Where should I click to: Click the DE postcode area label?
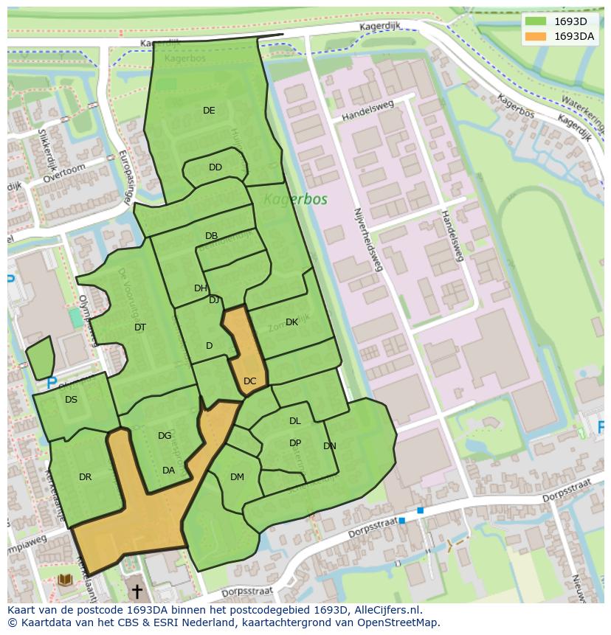click(x=209, y=111)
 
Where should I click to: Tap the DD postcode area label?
click(x=215, y=167)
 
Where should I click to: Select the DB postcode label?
click(x=212, y=236)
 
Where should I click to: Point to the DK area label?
click(x=292, y=322)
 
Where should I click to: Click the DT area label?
click(x=140, y=327)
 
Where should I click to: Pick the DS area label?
click(x=71, y=400)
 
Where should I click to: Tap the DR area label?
click(x=86, y=477)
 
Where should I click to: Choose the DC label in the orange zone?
click(x=250, y=381)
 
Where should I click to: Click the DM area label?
click(x=237, y=477)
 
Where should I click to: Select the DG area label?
click(x=165, y=436)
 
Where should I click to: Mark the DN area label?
click(x=330, y=446)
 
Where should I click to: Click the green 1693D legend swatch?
click(x=536, y=21)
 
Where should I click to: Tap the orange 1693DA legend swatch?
click(x=536, y=36)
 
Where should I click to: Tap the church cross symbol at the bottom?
click(x=137, y=592)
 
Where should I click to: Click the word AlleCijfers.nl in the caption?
click(x=386, y=610)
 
